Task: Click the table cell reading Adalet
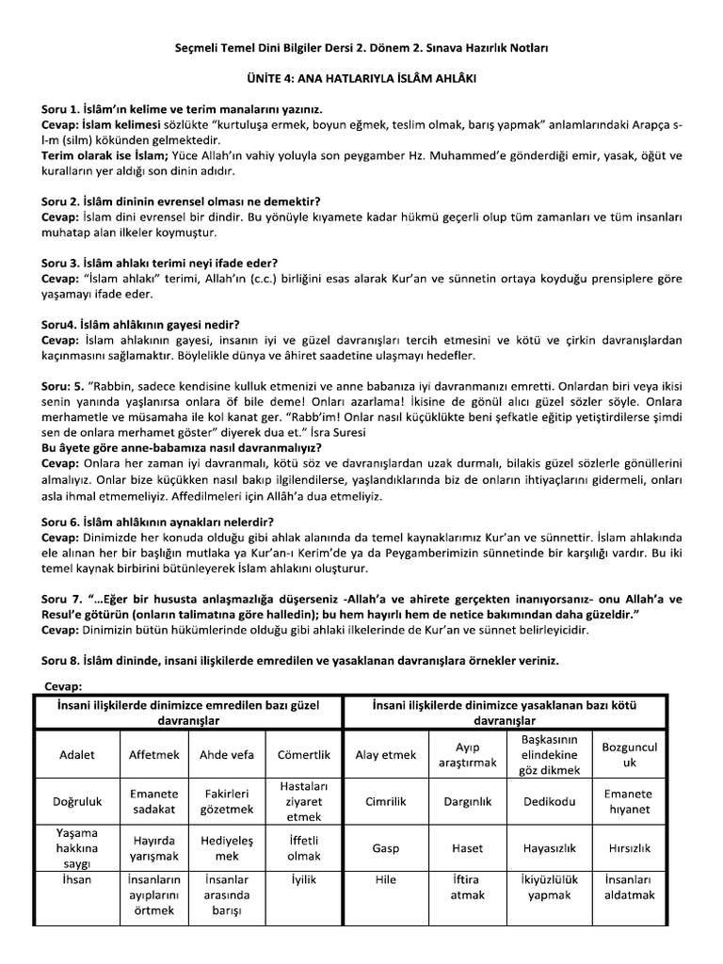tap(77, 754)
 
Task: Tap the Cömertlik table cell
tap(304, 754)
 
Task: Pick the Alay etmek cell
tap(385, 754)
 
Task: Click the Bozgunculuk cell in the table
tap(630, 754)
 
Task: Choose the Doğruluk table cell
tap(77, 801)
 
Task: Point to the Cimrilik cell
tap(385, 801)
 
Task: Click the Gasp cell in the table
tap(385, 848)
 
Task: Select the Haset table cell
tap(467, 848)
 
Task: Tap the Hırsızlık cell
tap(630, 848)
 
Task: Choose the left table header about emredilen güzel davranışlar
tap(188, 712)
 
